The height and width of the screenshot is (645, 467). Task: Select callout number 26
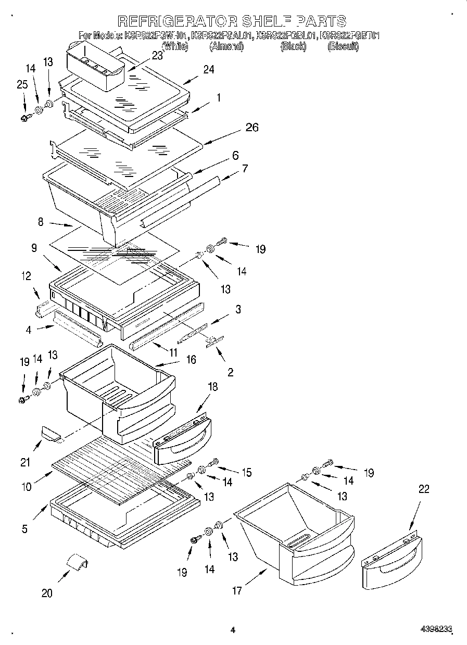click(252, 128)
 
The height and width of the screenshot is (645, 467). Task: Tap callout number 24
click(208, 70)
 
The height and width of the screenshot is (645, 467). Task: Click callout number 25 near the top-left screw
click(22, 84)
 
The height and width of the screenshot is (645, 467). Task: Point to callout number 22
click(424, 489)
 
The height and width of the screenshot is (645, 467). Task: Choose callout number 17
click(237, 590)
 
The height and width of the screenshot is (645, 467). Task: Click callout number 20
click(47, 593)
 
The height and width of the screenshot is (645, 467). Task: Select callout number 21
click(26, 462)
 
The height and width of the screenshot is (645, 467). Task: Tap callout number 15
click(246, 472)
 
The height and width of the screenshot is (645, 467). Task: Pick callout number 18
click(212, 387)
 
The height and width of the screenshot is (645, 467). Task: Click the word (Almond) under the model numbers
click(226, 46)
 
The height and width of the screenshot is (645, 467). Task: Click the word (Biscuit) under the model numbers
click(343, 46)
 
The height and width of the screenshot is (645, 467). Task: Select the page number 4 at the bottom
click(233, 630)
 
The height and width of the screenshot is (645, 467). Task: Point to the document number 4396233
click(436, 630)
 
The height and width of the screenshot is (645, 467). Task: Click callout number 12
click(26, 276)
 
